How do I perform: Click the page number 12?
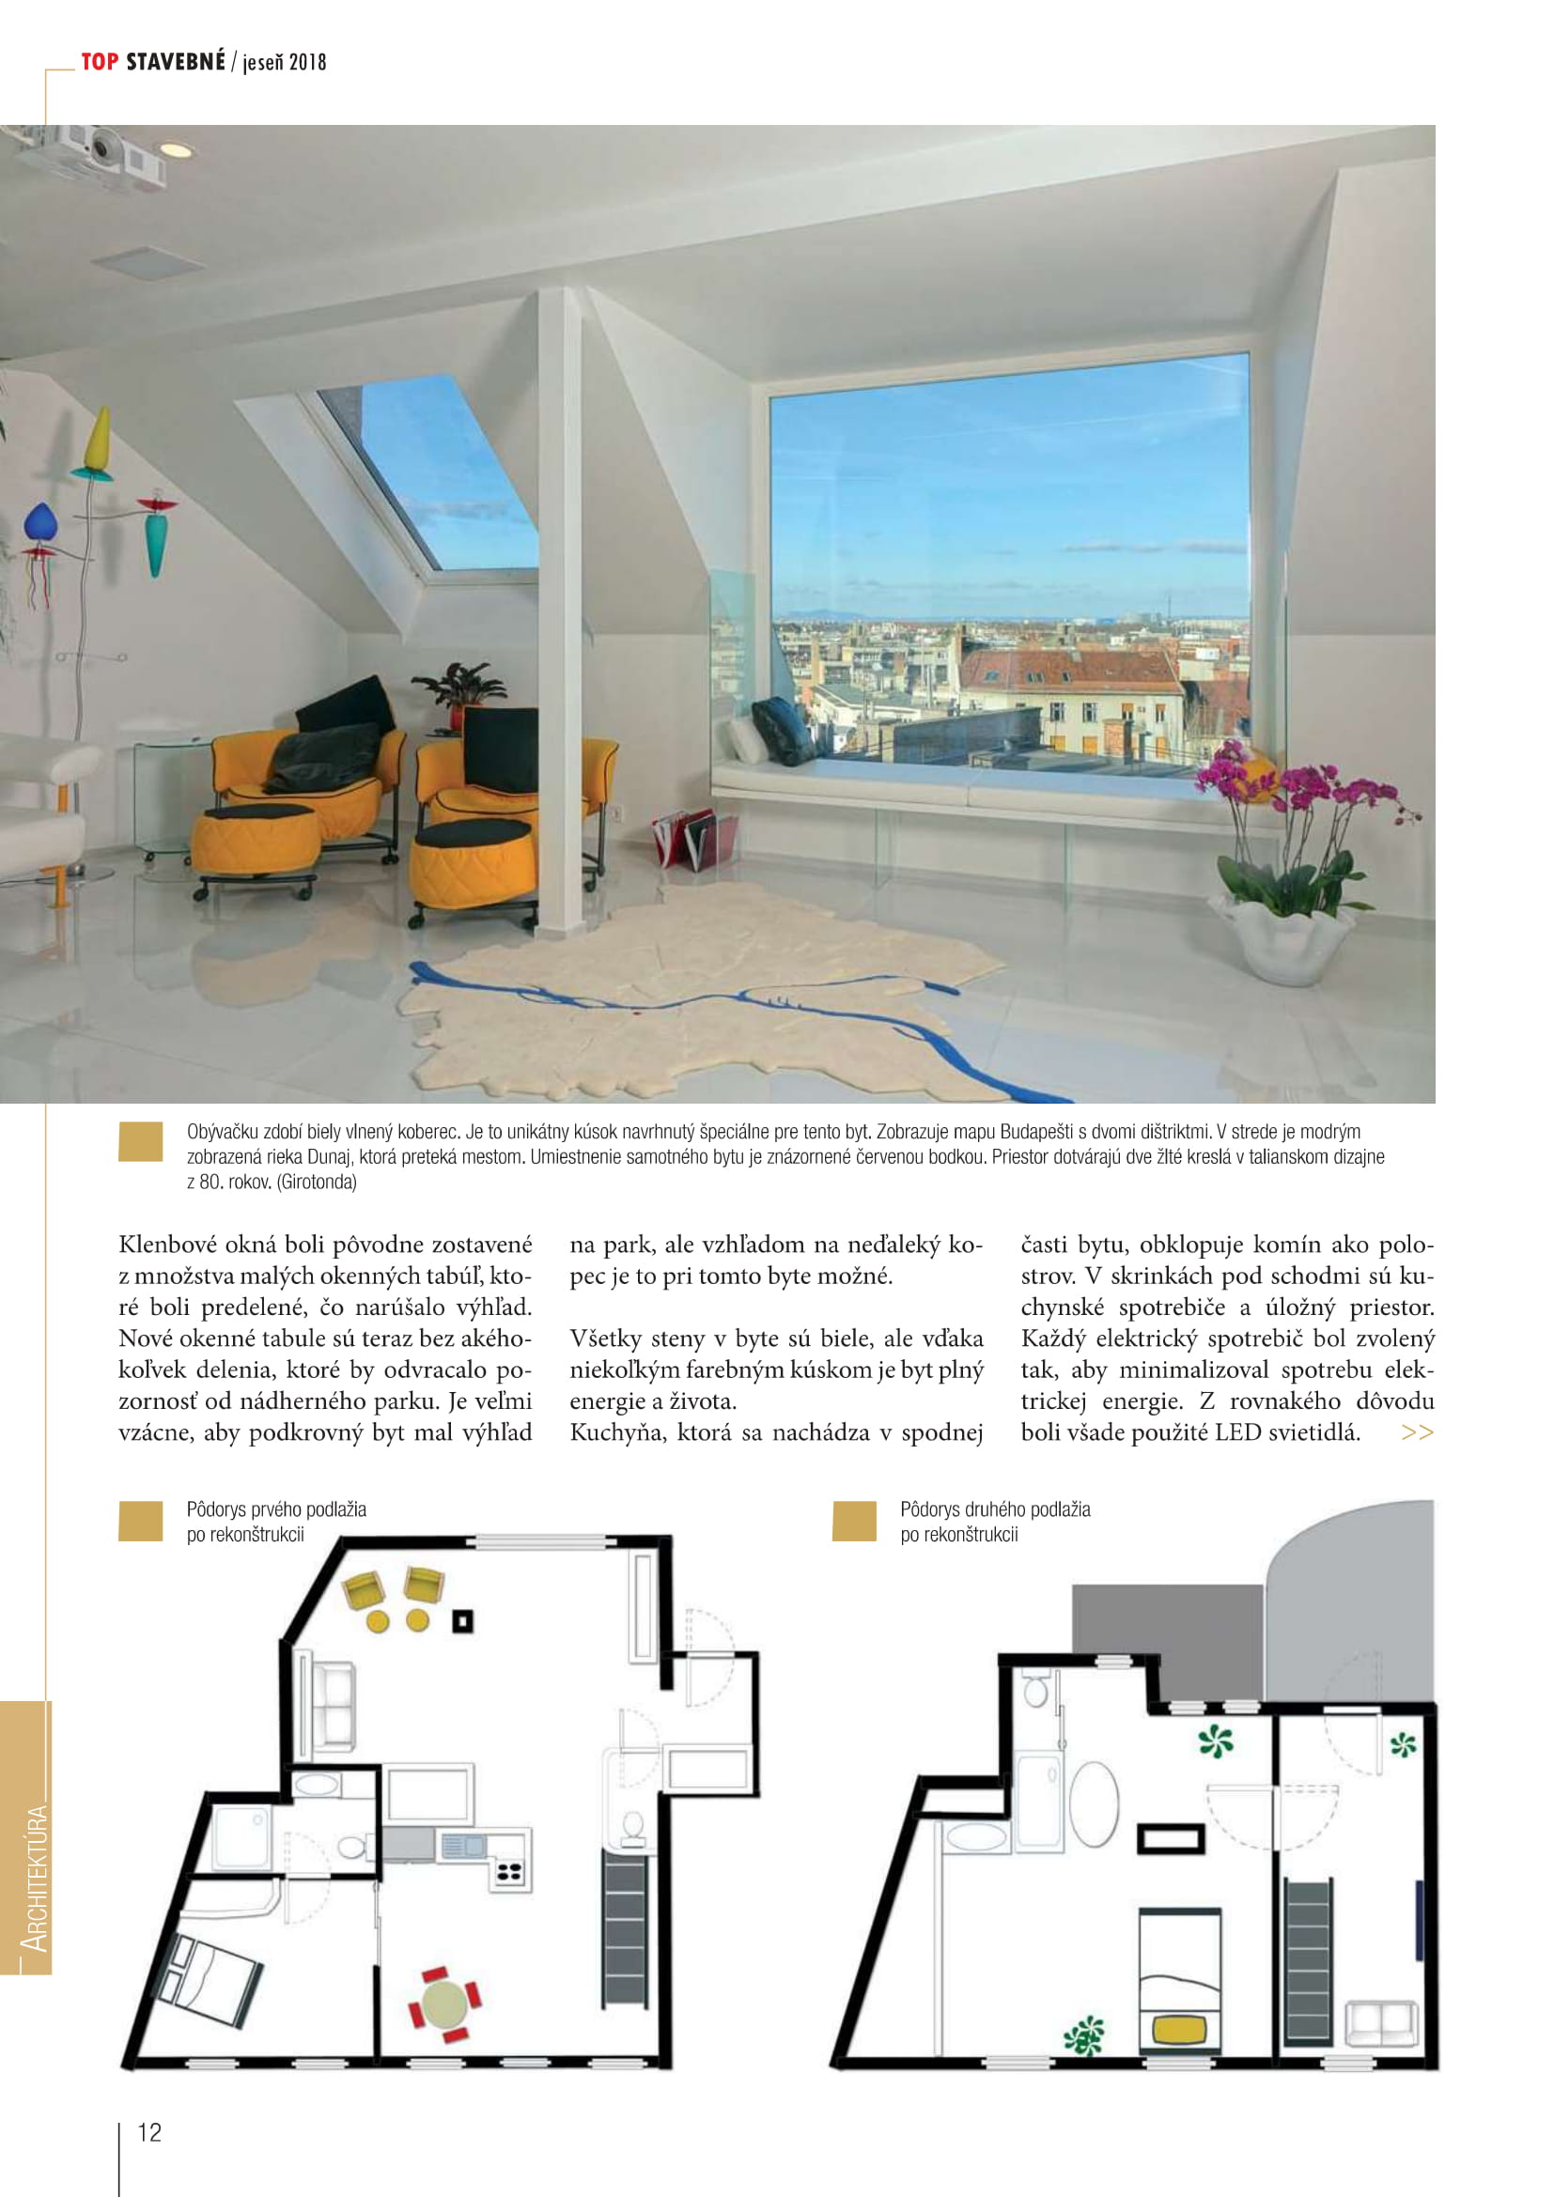point(149,2132)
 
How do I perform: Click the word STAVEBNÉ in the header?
point(175,62)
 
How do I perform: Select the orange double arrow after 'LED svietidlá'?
point(1416,1432)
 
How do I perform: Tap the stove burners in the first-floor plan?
point(508,1873)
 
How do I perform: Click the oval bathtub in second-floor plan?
point(1093,1802)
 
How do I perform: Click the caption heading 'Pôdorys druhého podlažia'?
point(994,1509)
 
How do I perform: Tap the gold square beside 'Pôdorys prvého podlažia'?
point(140,1521)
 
